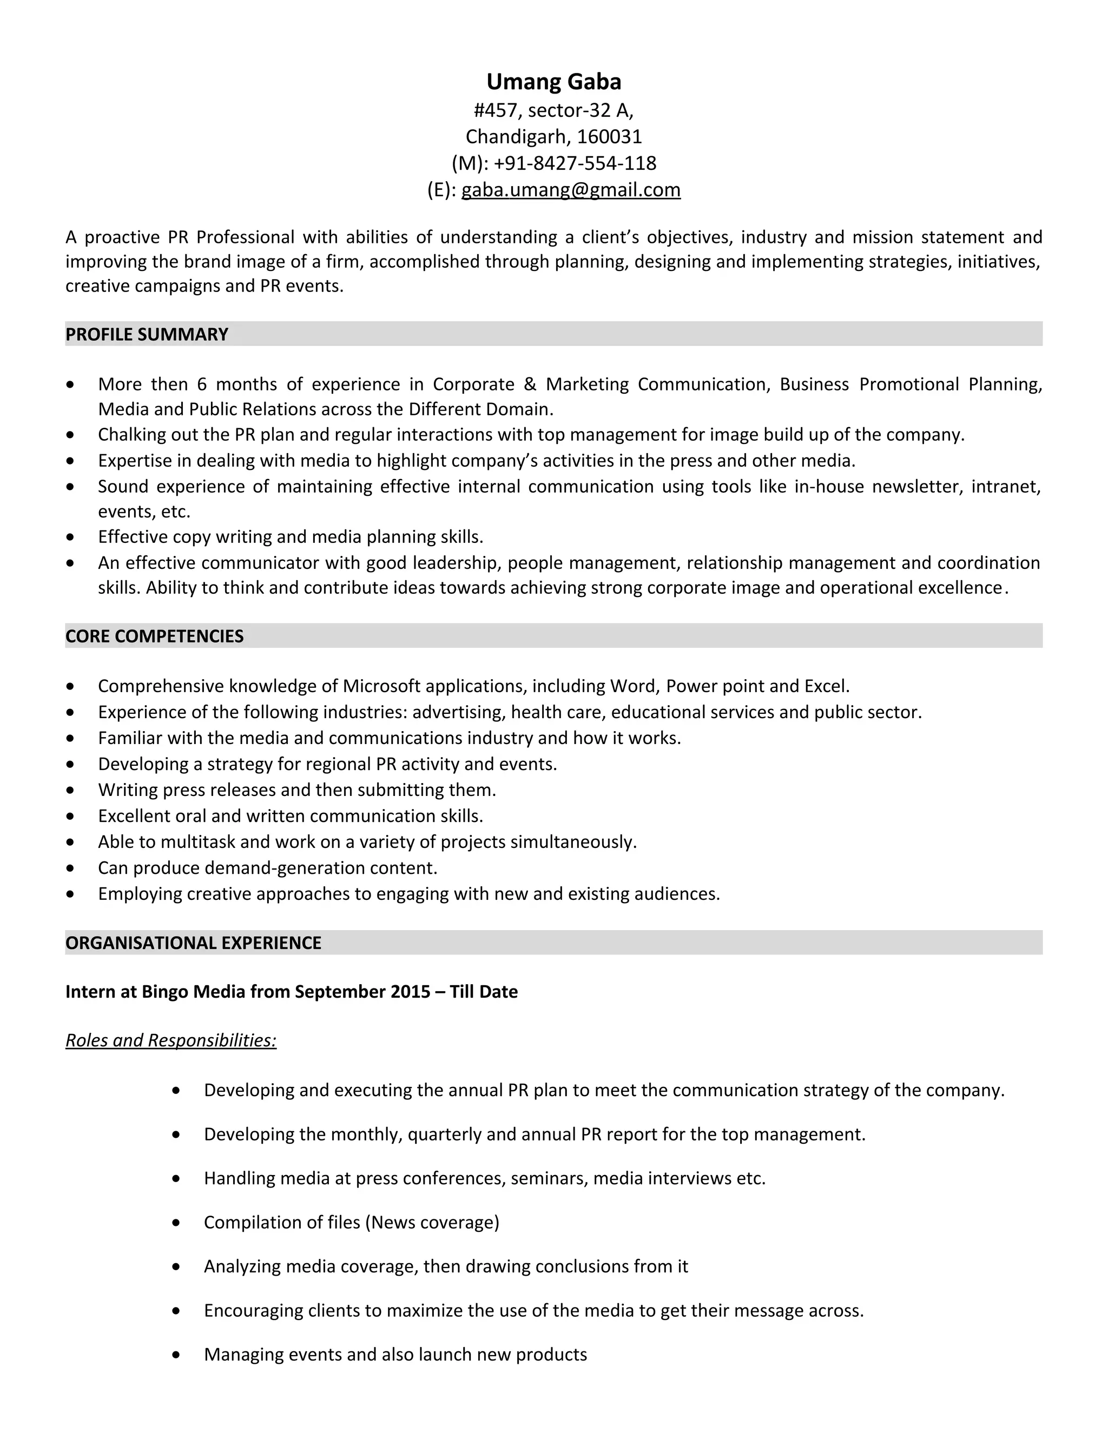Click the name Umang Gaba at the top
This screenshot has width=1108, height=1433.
point(553,81)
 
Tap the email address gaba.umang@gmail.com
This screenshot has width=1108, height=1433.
point(570,190)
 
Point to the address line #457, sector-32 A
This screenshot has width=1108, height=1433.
point(553,110)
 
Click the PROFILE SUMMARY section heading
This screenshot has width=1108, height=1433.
point(147,335)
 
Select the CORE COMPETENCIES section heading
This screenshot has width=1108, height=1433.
point(154,636)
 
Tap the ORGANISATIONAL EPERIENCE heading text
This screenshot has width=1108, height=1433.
point(193,943)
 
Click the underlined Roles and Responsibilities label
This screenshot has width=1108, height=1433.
point(170,1040)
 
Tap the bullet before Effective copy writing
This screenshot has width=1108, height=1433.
point(70,538)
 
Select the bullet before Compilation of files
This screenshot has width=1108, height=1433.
point(176,1223)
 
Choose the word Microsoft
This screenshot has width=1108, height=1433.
point(381,686)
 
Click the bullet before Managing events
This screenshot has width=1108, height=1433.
point(176,1355)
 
